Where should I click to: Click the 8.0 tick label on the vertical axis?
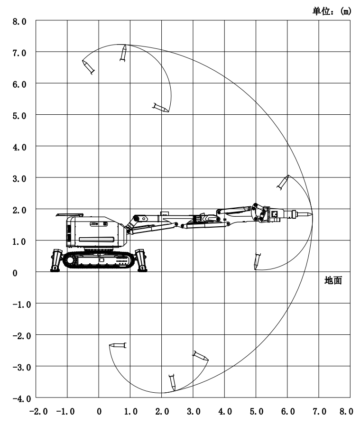[x=19, y=21]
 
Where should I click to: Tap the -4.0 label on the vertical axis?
[x=22, y=399]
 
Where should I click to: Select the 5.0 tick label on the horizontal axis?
[x=257, y=411]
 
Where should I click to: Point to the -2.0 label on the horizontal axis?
[x=38, y=411]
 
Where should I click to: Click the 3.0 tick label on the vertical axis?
[x=19, y=179]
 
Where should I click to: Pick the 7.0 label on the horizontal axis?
[x=319, y=411]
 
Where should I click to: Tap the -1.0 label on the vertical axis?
[x=22, y=305]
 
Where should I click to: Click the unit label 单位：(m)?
[x=332, y=11]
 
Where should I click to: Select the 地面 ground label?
[x=333, y=280]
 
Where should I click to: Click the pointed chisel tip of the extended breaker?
[x=312, y=214]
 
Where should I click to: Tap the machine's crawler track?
[x=99, y=260]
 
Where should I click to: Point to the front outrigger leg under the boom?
[x=141, y=260]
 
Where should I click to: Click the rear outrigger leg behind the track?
[x=56, y=260]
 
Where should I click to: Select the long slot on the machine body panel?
[x=96, y=240]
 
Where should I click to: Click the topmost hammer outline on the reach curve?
[x=123, y=53]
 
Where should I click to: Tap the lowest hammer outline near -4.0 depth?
[x=172, y=383]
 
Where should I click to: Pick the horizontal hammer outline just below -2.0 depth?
[x=118, y=345]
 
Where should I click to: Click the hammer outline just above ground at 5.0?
[x=257, y=261]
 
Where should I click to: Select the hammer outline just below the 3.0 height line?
[x=283, y=183]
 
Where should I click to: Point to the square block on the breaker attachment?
[x=274, y=214]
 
